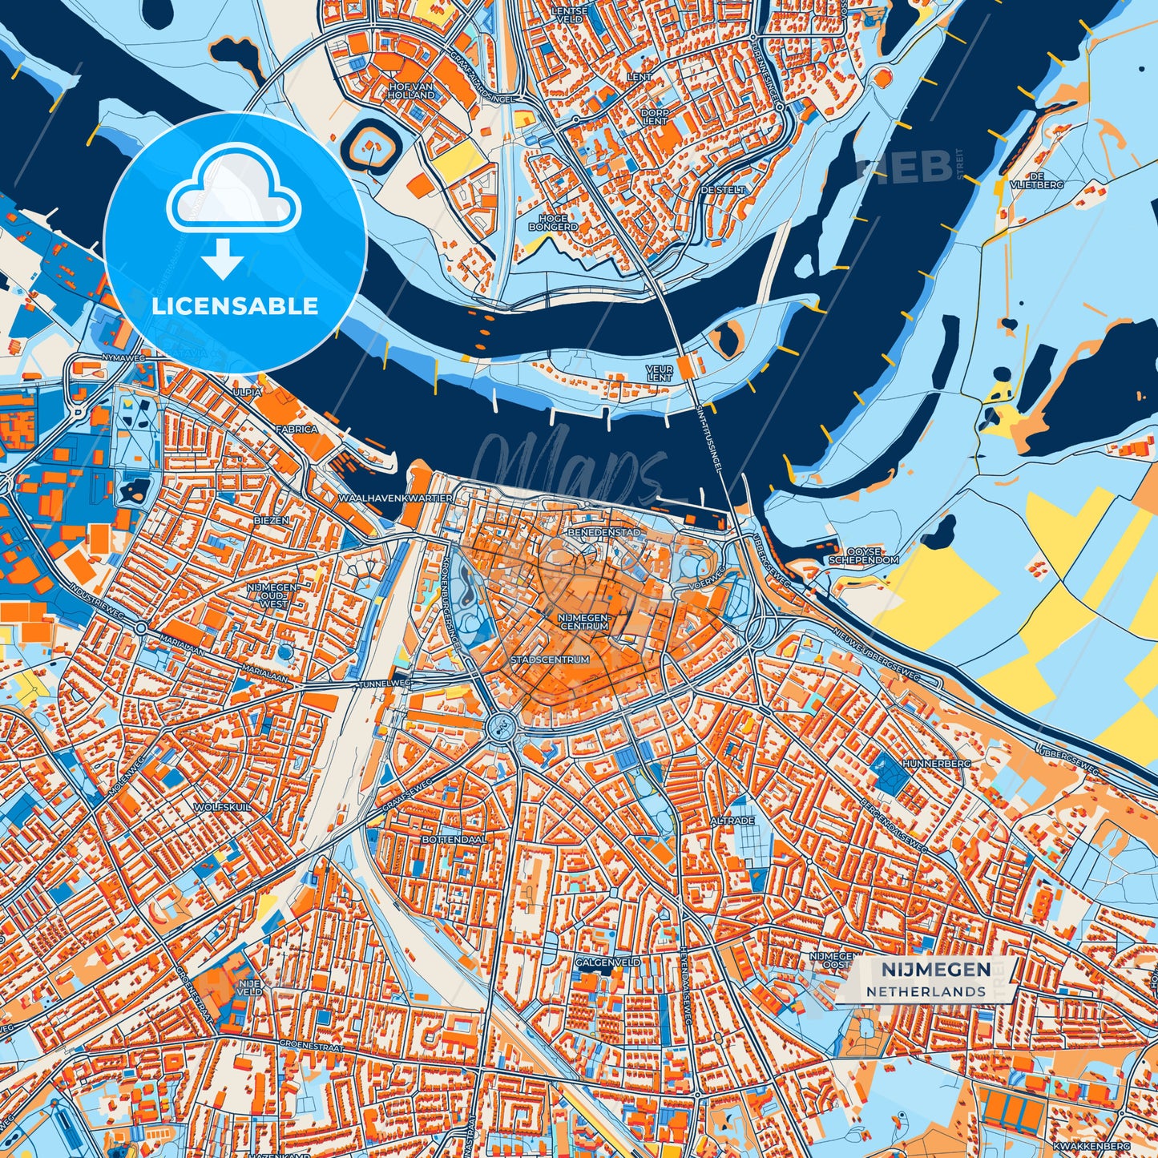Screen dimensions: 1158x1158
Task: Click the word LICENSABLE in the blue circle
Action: [235, 306]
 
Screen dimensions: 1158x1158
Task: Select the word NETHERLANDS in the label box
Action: [926, 991]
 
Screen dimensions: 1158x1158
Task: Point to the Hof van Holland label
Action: [411, 90]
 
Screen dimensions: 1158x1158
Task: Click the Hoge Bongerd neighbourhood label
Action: [553, 222]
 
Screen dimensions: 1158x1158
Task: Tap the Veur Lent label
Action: [659, 373]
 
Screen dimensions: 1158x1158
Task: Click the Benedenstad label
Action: [603, 532]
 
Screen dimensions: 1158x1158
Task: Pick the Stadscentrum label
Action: [550, 660]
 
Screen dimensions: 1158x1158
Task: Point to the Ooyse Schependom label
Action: [864, 556]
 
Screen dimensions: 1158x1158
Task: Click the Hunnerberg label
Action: [936, 764]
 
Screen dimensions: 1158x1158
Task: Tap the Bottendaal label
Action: [454, 839]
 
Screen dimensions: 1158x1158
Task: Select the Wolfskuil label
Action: [222, 807]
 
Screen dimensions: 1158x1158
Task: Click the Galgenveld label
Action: [608, 962]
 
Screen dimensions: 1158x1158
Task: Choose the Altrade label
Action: [732, 821]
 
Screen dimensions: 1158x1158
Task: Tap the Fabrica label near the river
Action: [296, 430]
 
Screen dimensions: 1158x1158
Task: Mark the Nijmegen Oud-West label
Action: [274, 595]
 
